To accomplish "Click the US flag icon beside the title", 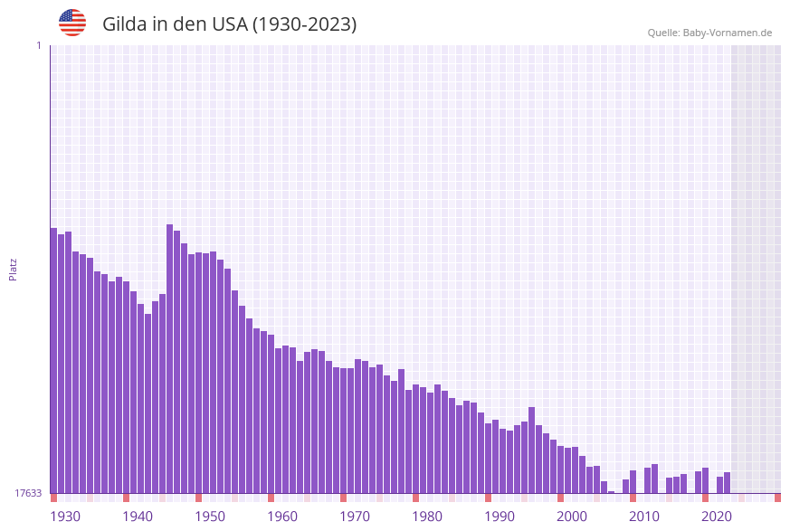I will [x=72, y=23].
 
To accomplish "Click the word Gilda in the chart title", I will [x=125, y=24].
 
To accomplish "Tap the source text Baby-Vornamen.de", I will [x=728, y=33].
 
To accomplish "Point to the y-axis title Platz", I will [x=14, y=269].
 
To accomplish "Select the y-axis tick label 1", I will [x=38, y=45].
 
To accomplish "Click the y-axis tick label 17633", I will [x=28, y=493].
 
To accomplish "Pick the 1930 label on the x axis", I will [x=65, y=517].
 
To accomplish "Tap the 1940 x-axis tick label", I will [x=138, y=517].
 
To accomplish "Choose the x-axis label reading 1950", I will [x=210, y=517].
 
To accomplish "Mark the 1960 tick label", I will [x=282, y=517].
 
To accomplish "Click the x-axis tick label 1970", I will [x=355, y=517].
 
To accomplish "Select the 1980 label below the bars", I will [x=427, y=517].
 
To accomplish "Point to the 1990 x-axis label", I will [x=500, y=517].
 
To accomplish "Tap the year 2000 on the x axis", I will [x=572, y=517].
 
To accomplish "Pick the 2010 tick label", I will [x=644, y=517].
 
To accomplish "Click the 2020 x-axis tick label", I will [x=717, y=517].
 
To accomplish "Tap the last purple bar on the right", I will [x=727, y=483].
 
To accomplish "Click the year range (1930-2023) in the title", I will [x=304, y=24].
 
